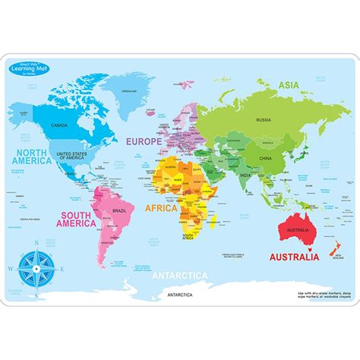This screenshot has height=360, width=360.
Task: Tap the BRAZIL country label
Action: tap(118, 210)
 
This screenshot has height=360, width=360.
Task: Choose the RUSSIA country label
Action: tap(263, 119)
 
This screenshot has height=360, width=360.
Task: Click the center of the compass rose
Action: tap(33, 269)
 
